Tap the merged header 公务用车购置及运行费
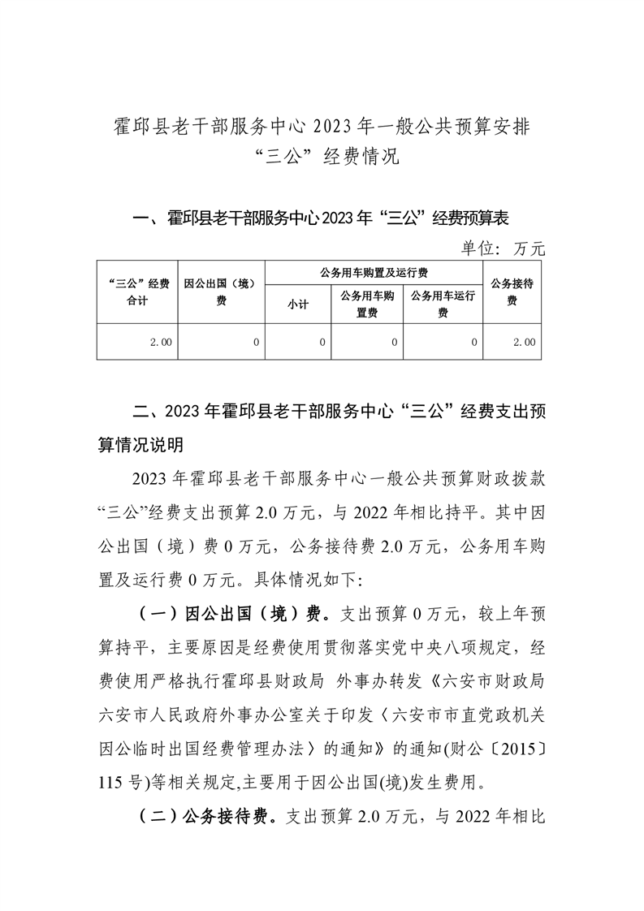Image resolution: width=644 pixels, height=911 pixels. click(x=374, y=272)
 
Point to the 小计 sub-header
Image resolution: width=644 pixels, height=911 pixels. click(x=298, y=305)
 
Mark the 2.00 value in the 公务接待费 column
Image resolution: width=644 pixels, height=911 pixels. click(x=524, y=343)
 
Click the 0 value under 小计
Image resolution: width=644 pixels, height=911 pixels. click(x=322, y=343)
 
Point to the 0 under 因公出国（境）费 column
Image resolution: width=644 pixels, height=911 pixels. click(x=255, y=343)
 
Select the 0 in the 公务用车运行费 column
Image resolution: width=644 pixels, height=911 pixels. click(x=473, y=343)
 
